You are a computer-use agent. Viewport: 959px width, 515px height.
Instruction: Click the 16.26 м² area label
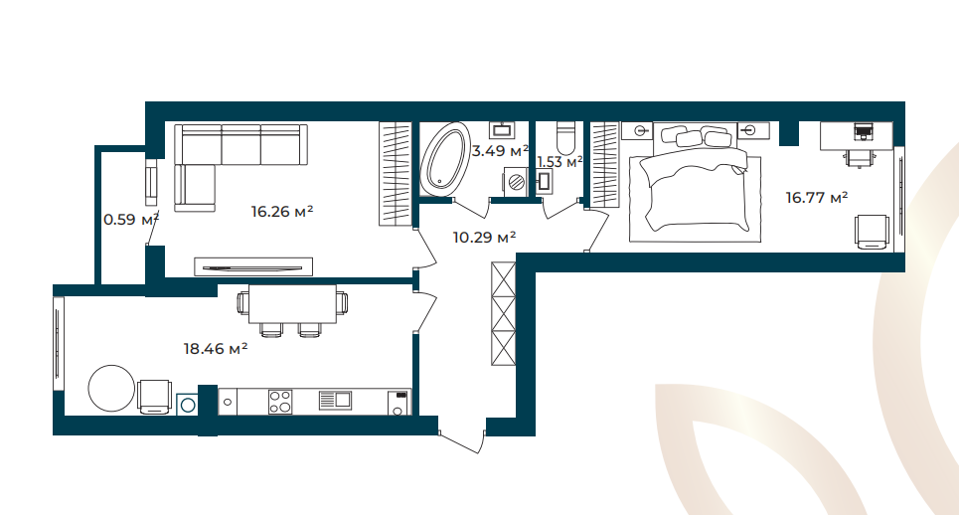pos(282,212)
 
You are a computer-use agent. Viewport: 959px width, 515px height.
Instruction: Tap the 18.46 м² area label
pos(216,349)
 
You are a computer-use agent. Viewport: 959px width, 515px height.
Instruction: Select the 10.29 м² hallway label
pos(484,237)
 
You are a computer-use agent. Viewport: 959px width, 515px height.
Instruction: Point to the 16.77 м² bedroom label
pos(817,198)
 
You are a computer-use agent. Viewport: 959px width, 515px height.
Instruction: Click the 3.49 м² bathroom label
pos(500,150)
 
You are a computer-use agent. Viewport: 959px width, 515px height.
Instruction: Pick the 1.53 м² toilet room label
pos(559,162)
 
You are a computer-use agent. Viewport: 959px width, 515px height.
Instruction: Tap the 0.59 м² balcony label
pos(131,219)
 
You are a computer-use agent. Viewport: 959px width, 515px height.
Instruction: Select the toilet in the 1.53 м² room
pos(565,138)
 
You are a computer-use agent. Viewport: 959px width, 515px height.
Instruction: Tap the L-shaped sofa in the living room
pos(233,160)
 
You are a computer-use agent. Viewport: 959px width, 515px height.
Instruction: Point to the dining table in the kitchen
pos(292,304)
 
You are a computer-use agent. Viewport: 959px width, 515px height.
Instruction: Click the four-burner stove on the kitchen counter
pos(280,402)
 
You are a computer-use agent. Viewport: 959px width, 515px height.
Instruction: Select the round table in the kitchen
pos(111,389)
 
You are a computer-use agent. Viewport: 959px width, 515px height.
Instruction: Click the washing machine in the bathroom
pos(516,181)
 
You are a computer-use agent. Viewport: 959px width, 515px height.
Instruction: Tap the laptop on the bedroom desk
pos(863,131)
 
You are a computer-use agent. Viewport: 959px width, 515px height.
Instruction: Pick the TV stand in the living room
pos(253,266)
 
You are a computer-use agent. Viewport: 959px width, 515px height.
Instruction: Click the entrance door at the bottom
pos(462,442)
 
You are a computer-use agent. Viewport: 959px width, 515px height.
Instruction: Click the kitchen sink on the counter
pos(335,401)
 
